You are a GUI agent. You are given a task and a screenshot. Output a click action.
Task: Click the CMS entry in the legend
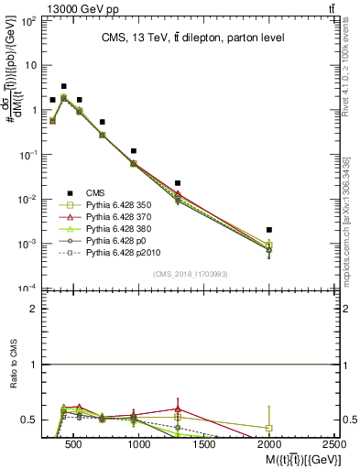[85, 192]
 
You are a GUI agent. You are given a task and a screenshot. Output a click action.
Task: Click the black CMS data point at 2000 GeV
[268, 230]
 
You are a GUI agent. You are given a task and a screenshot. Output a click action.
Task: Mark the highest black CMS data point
[63, 86]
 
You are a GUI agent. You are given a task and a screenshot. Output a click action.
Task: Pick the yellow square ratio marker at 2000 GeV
[268, 428]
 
